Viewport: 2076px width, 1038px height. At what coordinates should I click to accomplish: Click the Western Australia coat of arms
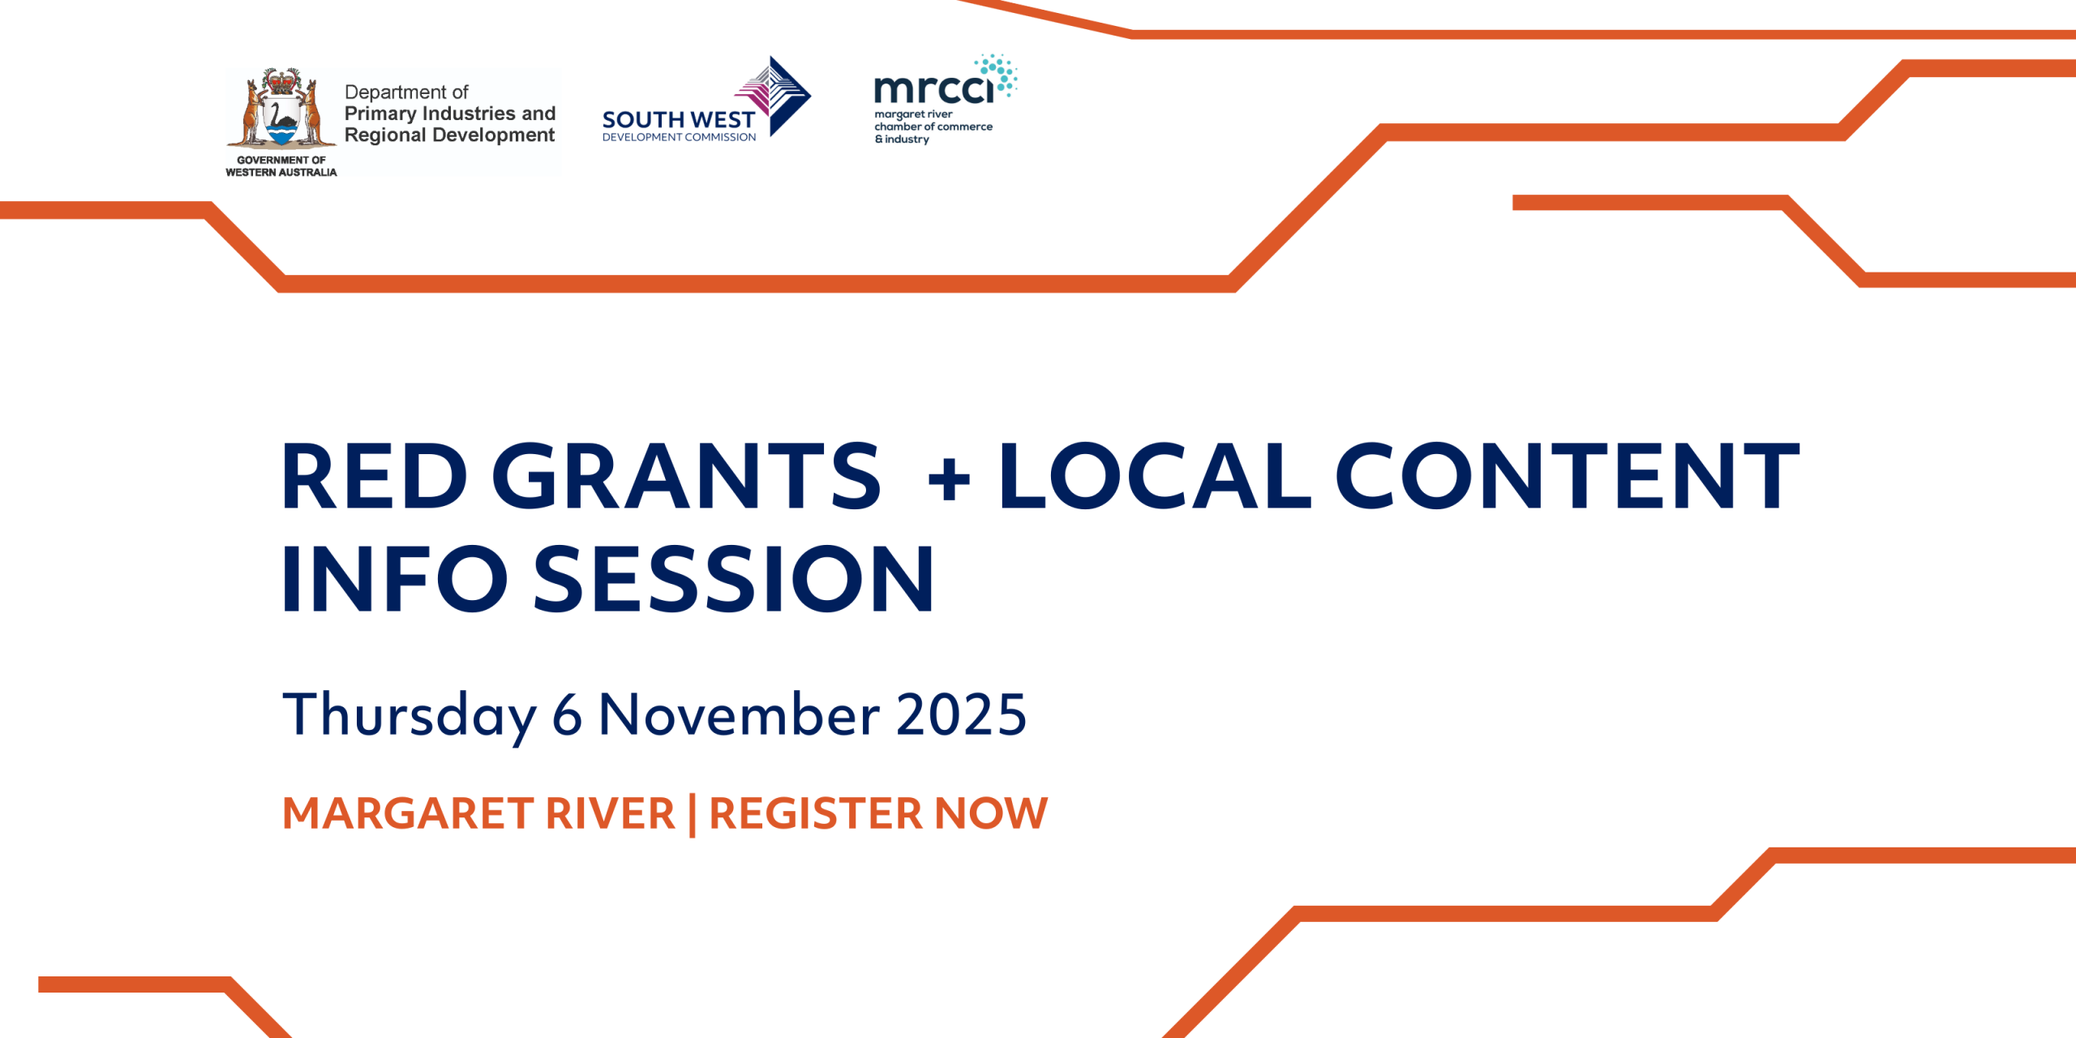coord(281,109)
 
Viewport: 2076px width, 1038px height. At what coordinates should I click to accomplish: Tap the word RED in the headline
coord(375,476)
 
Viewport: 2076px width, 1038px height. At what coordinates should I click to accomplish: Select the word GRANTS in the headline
coord(686,476)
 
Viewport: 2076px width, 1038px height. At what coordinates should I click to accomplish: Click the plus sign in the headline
coord(949,479)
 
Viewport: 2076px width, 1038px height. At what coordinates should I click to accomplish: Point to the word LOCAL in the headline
coord(1155,476)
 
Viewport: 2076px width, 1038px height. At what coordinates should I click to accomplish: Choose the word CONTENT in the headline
coord(1568,476)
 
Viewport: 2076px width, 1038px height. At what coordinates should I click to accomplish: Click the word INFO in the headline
coord(395,578)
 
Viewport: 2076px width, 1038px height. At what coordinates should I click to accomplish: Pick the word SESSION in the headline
coord(734,578)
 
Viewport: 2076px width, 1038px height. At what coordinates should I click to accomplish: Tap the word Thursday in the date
coord(410,715)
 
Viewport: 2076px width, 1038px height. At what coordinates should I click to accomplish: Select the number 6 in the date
coord(567,715)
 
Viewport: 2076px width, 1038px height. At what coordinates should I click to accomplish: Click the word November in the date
coord(739,714)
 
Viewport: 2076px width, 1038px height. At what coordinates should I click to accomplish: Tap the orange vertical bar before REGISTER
coord(692,815)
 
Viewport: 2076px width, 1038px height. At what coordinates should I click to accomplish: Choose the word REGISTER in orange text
coord(816,813)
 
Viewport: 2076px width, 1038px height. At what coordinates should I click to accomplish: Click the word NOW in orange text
coord(991,813)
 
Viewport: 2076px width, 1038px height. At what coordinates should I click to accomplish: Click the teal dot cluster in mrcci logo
coord(997,75)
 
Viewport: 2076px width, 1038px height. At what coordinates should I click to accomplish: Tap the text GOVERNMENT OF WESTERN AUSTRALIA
coord(281,166)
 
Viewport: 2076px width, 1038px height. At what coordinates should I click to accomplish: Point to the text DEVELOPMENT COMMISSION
coord(679,138)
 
